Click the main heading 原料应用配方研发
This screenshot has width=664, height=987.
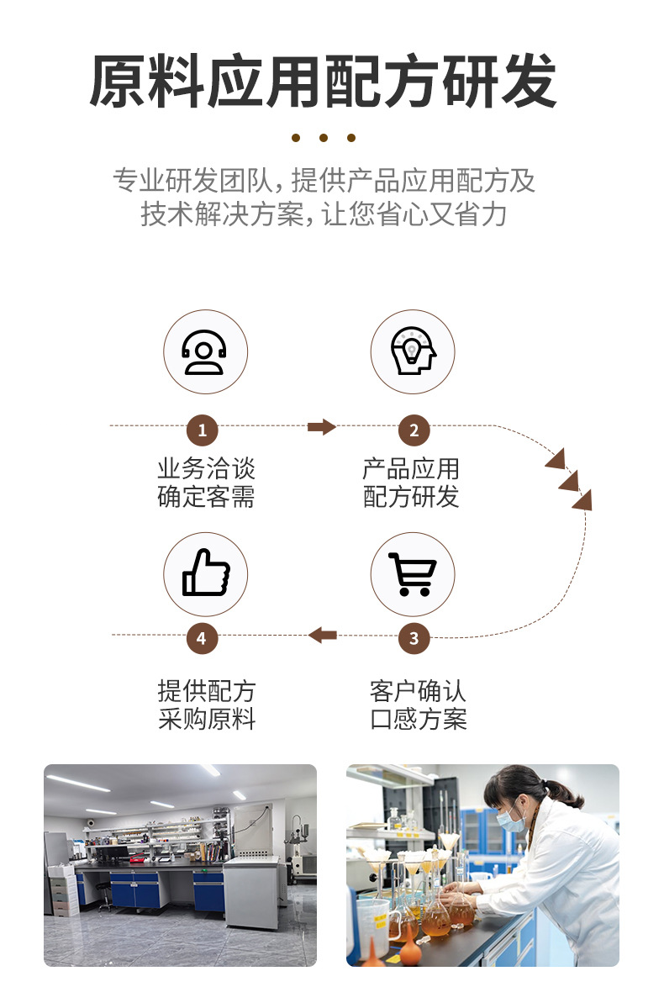point(323,82)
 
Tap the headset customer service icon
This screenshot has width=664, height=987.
point(204,352)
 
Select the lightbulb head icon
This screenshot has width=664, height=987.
point(413,352)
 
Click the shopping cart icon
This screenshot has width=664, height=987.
point(413,574)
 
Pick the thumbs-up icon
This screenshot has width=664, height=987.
point(205,573)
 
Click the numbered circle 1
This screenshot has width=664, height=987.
point(202,431)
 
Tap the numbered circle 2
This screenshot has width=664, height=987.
point(414,431)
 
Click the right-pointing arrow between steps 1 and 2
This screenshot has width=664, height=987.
point(321,427)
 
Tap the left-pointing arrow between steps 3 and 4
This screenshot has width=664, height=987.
point(323,635)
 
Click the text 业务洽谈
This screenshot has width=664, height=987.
point(206,469)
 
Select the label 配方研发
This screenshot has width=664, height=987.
point(411,497)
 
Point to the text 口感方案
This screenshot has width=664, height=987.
point(418,720)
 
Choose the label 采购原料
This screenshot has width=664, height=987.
point(206,720)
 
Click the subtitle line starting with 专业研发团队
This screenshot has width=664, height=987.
point(324,181)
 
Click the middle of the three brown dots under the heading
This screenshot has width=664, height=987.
point(324,138)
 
